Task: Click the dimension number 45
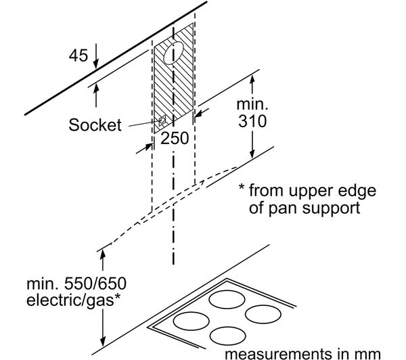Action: point(78,55)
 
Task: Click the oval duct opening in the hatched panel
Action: point(173,55)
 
